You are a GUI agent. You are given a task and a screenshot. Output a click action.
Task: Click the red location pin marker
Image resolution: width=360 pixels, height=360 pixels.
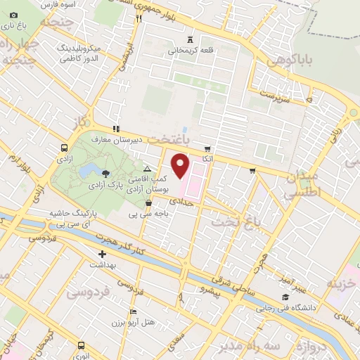tap(181, 166)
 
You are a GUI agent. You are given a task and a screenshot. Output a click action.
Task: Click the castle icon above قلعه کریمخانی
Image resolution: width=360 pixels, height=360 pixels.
tap(191, 39)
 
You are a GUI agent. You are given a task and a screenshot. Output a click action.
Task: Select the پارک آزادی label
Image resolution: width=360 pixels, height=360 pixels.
tap(106, 184)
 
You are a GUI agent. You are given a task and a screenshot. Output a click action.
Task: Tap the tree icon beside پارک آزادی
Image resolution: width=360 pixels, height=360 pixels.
tap(106, 172)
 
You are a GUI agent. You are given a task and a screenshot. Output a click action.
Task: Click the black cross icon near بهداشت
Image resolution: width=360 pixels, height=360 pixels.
tap(103, 254)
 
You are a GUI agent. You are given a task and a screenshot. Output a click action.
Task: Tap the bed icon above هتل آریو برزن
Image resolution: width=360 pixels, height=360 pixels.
tap(134, 311)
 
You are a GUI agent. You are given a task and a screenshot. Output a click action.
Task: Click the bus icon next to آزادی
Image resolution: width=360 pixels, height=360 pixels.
tap(64, 148)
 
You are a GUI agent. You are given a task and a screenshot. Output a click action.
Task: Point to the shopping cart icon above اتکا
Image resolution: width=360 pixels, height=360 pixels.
tap(207, 148)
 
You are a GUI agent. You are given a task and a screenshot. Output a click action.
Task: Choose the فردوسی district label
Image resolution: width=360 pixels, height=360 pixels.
tap(94, 292)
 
